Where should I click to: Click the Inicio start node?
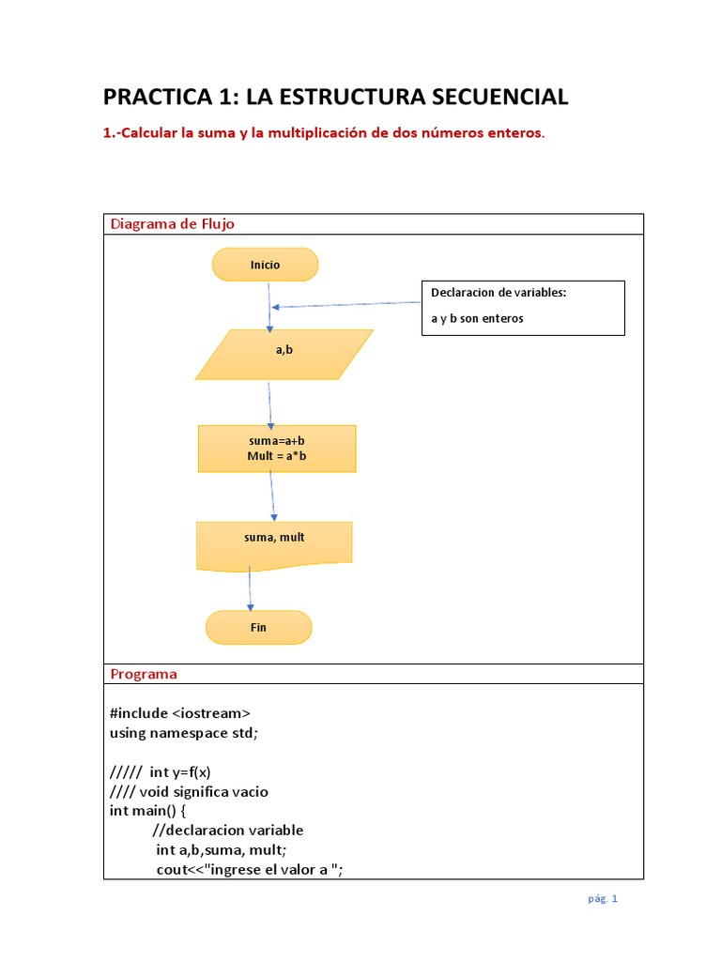[265, 265]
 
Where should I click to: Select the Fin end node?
[258, 627]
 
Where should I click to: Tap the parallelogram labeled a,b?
[284, 354]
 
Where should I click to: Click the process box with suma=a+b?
[276, 448]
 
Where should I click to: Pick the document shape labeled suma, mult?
[273, 542]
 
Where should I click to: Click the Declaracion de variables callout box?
[522, 307]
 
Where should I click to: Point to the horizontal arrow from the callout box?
[347, 304]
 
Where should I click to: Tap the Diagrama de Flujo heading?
[172, 223]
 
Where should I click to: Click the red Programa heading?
[143, 674]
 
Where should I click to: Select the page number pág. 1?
[603, 898]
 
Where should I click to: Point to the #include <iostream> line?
[179, 713]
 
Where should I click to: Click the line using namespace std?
[183, 733]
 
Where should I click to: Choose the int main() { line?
[148, 811]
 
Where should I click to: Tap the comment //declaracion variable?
[227, 831]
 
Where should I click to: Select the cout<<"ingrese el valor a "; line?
[250, 869]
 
